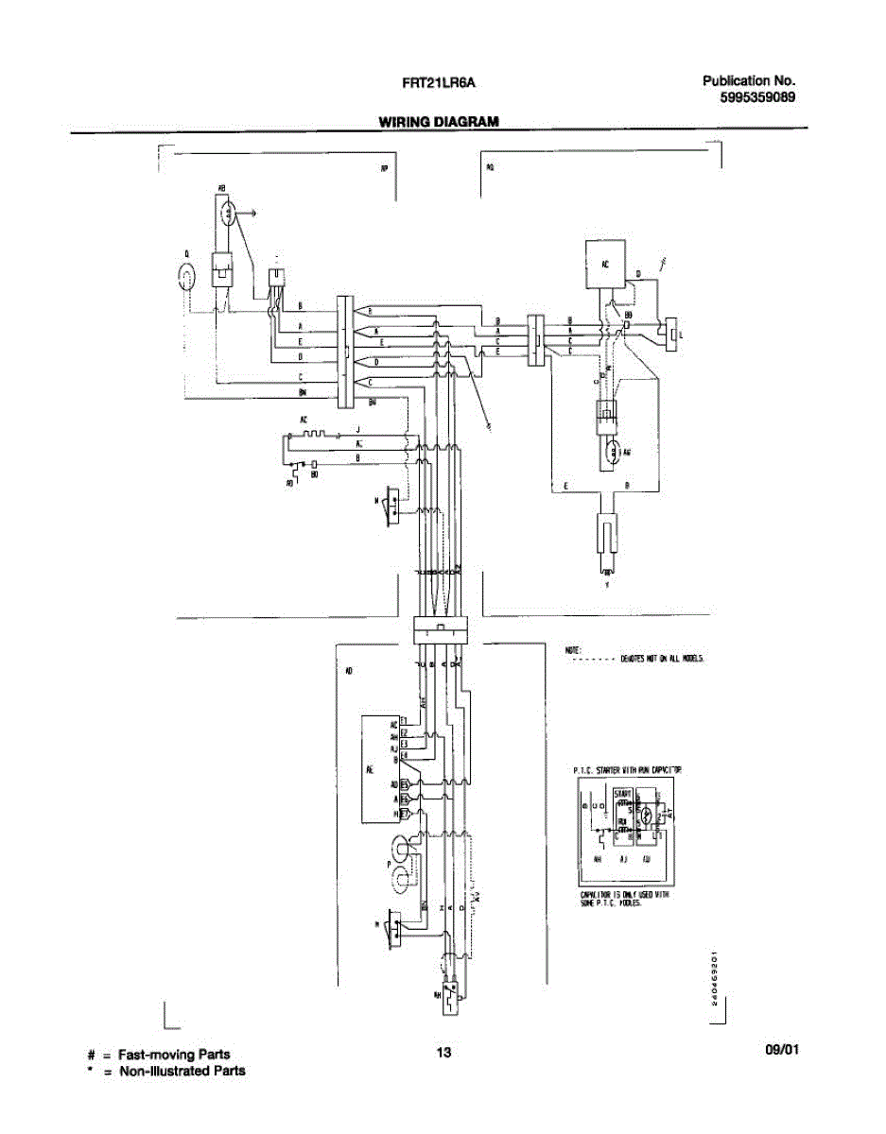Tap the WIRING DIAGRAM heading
point(439,122)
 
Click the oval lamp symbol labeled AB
point(229,215)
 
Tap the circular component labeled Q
point(188,276)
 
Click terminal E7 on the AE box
point(404,813)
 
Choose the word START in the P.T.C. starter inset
point(623,793)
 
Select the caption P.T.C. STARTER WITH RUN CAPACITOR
point(627,771)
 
